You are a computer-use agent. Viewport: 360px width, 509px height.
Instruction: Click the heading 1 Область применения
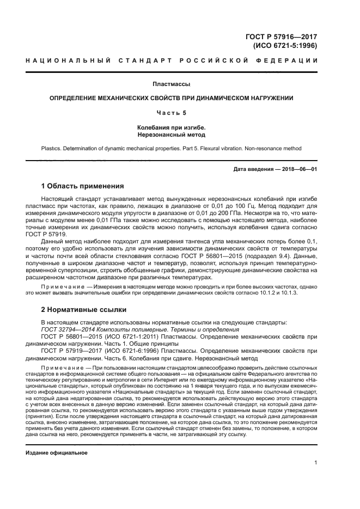click(83, 186)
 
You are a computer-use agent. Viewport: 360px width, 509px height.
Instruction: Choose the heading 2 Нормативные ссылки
click(84, 310)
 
